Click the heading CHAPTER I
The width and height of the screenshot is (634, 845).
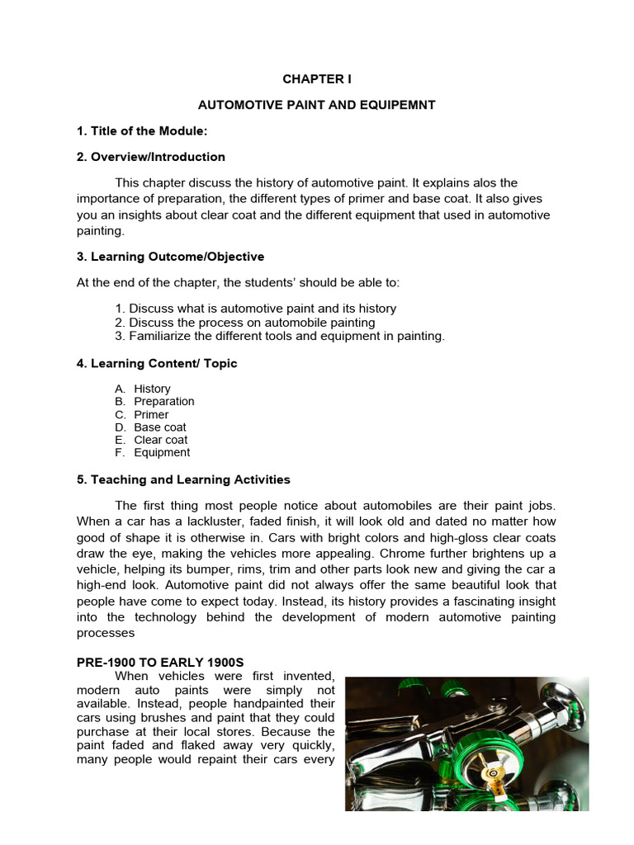point(316,79)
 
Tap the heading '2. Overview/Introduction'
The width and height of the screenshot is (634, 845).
point(151,157)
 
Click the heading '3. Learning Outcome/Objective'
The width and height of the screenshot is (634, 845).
point(171,257)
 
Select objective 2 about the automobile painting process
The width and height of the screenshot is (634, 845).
point(245,322)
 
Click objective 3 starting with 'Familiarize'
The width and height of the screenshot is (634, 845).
point(280,336)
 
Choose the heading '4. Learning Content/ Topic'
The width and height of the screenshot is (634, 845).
point(157,363)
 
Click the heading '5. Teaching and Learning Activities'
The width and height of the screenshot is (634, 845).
point(183,479)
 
